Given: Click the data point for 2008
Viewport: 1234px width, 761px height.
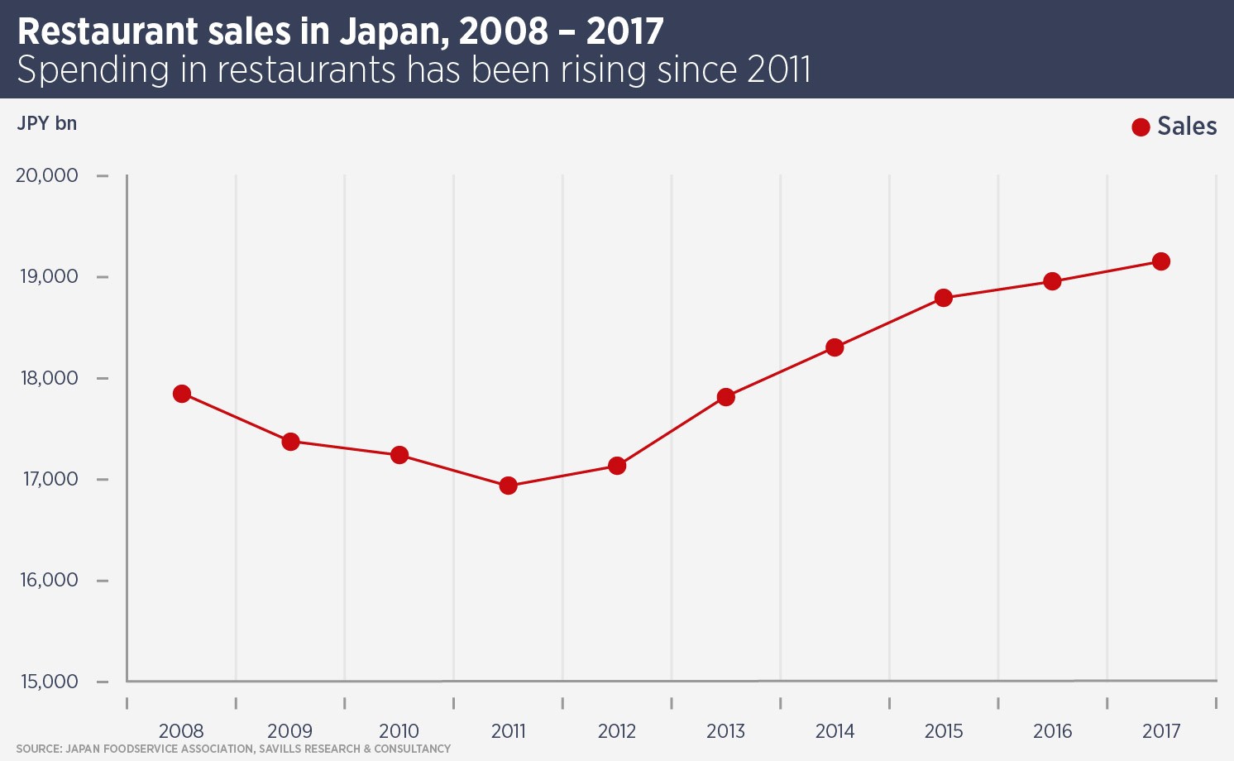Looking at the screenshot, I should (182, 394).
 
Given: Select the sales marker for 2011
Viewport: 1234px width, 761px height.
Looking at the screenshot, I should (509, 486).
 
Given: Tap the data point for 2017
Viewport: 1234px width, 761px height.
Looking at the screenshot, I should (1161, 261).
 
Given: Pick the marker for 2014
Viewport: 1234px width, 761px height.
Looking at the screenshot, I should (835, 347).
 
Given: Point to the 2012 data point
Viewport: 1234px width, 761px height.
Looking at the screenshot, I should (617, 466).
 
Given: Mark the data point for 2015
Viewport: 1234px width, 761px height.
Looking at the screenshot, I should (944, 298).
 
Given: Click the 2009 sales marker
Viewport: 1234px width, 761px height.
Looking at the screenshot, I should (290, 442).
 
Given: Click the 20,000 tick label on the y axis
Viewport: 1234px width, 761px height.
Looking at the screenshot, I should (47, 175).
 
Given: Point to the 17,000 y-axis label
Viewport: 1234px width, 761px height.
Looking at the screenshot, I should (50, 479).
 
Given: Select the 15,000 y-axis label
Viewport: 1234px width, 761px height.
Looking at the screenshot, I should (49, 682).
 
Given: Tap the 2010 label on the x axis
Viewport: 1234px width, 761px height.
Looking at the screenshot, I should (399, 731).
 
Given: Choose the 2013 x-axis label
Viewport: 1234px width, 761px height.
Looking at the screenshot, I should (725, 731).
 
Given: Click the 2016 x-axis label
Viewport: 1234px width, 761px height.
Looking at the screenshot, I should (1052, 731).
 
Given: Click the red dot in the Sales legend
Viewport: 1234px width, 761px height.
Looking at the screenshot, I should (1141, 127).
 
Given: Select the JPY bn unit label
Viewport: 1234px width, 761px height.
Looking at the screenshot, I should (47, 123).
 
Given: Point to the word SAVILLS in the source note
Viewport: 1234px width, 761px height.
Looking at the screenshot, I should (280, 749).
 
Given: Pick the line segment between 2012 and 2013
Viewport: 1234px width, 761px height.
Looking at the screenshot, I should (672, 431).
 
